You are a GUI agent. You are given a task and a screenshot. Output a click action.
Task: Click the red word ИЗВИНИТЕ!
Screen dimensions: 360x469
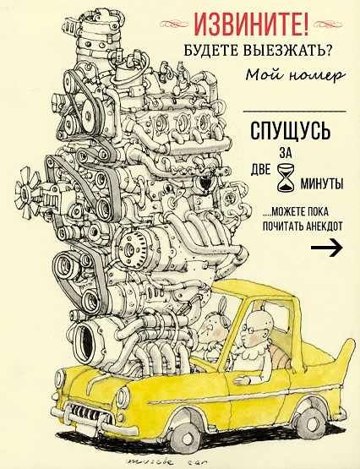[x=252, y=24]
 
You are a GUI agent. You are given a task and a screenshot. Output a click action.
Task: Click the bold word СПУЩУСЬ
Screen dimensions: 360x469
[x=291, y=130]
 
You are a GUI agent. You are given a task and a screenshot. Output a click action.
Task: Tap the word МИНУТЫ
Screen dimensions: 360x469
[x=321, y=183]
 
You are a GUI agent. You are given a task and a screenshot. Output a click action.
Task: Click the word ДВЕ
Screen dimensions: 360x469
[x=260, y=170]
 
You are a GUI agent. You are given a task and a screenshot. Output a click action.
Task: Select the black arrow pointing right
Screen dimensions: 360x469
[x=326, y=248]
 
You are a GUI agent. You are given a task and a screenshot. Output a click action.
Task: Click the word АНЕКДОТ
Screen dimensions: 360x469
[x=325, y=226]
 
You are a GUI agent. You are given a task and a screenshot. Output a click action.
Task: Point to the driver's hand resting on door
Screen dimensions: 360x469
[x=242, y=380]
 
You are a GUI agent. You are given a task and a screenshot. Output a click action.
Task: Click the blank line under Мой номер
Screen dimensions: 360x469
[x=294, y=112]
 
